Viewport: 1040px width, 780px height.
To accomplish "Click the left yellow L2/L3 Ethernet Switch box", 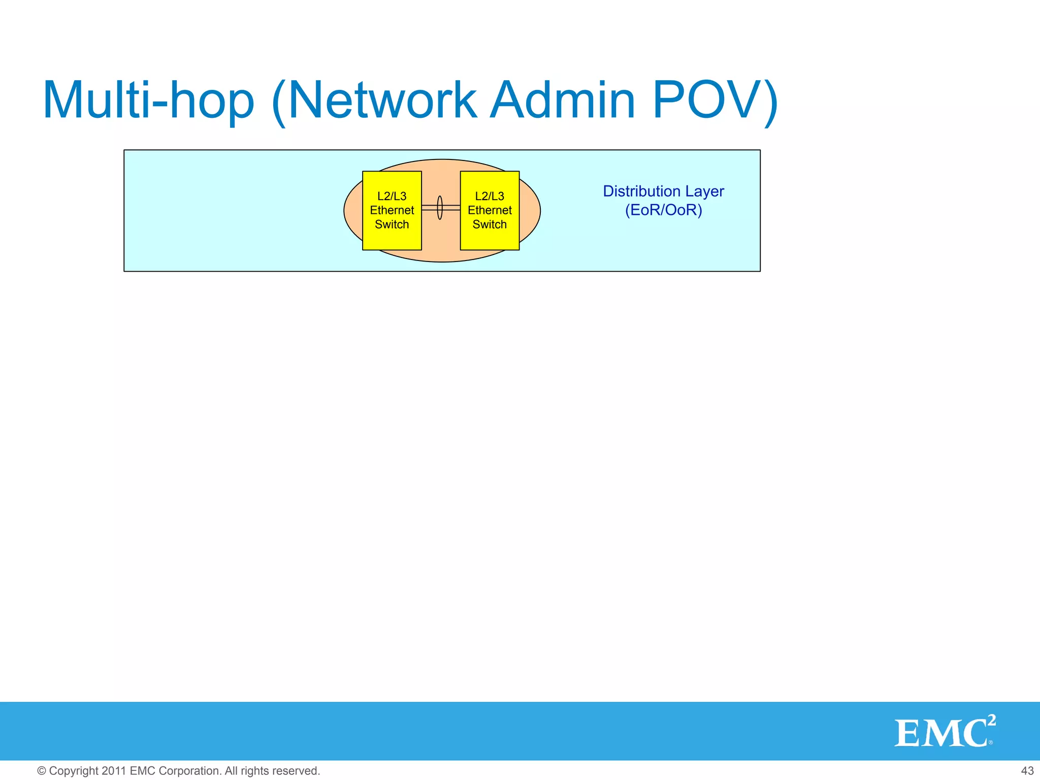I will [x=392, y=239].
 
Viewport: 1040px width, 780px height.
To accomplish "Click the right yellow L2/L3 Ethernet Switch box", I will [x=490, y=239].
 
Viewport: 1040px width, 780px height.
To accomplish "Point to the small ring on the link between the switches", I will [x=440, y=208].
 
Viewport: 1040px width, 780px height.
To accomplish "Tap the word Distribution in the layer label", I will [x=641, y=191].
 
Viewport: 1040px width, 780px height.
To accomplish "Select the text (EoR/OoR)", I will [x=663, y=210].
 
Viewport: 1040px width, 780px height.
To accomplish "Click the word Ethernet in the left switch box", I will [x=392, y=210].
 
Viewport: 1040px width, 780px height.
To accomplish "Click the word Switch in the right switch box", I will [x=490, y=224].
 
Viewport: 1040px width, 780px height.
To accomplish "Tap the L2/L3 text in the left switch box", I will [x=392, y=196].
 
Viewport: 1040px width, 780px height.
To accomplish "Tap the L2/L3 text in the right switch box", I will [x=490, y=196].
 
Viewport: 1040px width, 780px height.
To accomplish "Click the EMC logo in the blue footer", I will [x=939, y=733].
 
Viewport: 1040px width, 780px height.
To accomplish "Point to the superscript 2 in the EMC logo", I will [x=991, y=720].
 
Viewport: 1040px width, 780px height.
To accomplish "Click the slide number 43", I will [x=1027, y=771].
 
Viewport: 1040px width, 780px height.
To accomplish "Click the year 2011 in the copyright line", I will [x=114, y=771].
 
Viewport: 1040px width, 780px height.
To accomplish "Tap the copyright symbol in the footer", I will [x=42, y=771].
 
